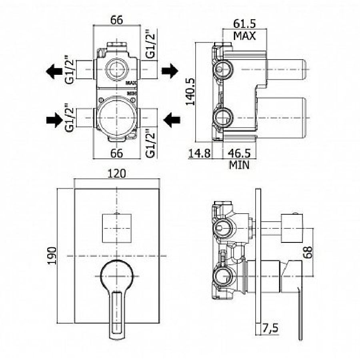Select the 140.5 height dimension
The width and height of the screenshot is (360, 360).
coord(192,92)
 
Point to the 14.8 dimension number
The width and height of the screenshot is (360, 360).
coord(200,154)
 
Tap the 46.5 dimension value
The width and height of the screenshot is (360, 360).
coord(240,154)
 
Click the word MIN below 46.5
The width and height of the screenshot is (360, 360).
coord(239,164)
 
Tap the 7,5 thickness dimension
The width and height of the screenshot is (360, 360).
coord(271,329)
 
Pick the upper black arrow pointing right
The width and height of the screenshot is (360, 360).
coord(170,71)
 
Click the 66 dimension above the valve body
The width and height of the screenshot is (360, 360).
coord(116,19)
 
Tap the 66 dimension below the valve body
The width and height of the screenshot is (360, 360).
coord(116,153)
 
